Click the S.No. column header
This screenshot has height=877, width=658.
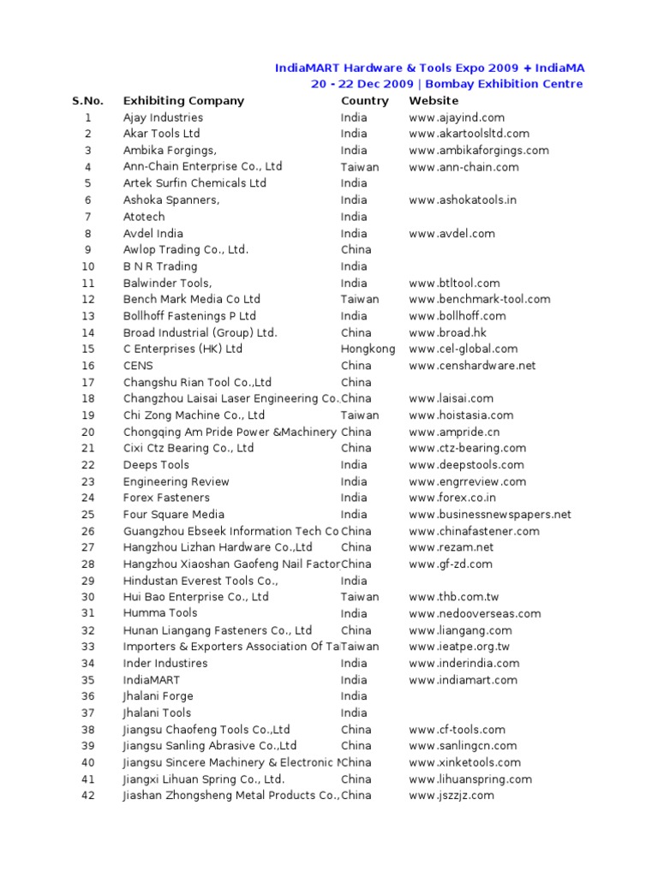click(x=87, y=101)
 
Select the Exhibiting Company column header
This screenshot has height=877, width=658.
click(x=183, y=101)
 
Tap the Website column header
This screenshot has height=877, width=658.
click(x=434, y=101)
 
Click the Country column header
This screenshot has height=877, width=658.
click(x=364, y=101)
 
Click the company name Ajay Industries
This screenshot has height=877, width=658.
click(x=163, y=117)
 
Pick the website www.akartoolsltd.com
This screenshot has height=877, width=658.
click(x=469, y=134)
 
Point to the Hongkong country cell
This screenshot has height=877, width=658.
click(x=368, y=349)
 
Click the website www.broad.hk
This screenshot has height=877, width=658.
click(x=447, y=332)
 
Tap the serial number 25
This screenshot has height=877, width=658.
click(x=87, y=515)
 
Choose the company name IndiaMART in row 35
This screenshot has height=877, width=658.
click(x=152, y=680)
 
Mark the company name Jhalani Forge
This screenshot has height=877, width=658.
click(x=158, y=696)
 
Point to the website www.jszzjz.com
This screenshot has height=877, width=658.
click(x=452, y=796)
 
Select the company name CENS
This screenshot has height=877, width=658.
click(x=137, y=366)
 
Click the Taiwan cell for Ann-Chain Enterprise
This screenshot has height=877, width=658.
click(x=359, y=167)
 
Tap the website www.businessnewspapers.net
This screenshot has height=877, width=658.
click(x=489, y=515)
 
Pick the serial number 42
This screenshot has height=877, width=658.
click(x=87, y=796)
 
